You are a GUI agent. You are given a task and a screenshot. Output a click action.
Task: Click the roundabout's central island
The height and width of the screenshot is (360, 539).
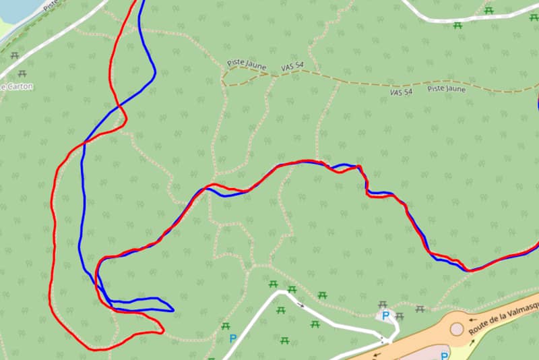click(457, 329)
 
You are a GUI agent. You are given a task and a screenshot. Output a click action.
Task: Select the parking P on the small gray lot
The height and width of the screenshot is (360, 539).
click(386, 315)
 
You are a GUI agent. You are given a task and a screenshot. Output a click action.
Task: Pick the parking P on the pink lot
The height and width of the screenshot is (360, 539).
click(445, 355)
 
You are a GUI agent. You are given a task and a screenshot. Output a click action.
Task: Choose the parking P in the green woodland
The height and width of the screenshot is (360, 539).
click(233, 338)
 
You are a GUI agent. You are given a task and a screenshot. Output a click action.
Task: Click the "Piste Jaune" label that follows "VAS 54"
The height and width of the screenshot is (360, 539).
click(446, 88)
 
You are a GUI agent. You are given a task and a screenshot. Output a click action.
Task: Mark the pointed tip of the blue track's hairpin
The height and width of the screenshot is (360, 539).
click(173, 310)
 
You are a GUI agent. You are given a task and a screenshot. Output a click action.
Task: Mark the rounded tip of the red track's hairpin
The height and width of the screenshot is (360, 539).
click(162, 330)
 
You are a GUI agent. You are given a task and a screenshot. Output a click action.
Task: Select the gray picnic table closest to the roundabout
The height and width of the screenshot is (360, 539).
click(420, 309)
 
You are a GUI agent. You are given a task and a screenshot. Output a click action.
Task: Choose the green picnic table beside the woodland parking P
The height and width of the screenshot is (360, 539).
click(226, 326)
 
